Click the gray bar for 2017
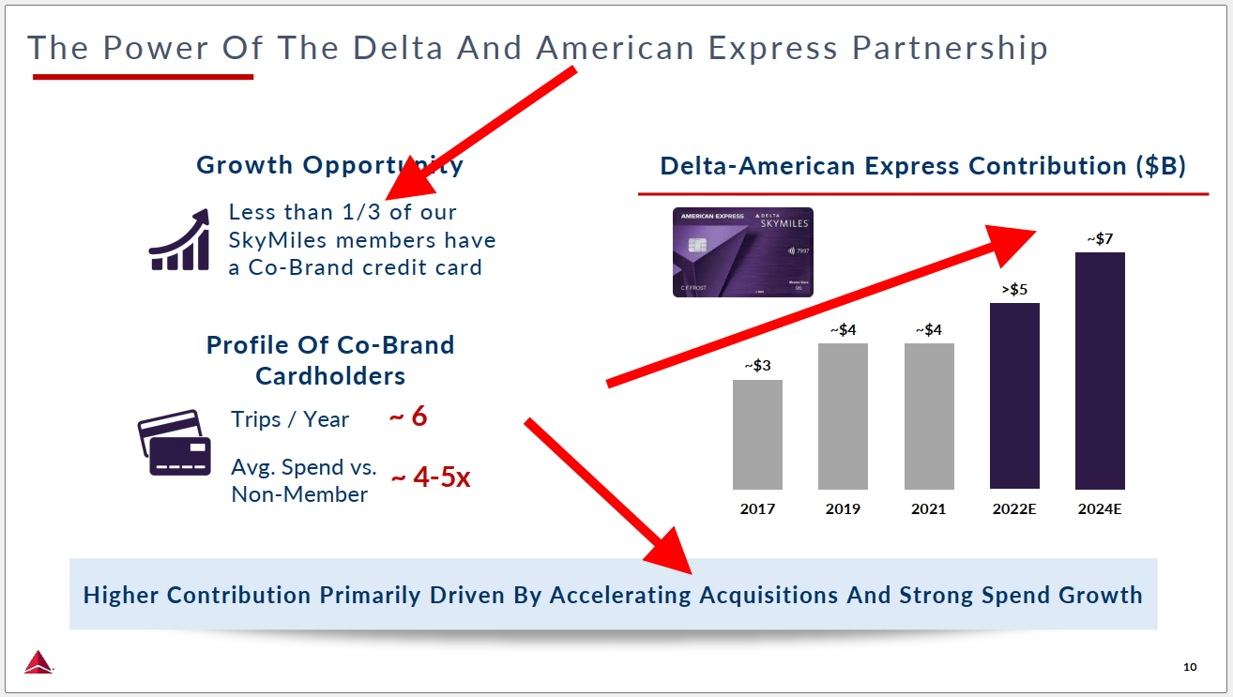tap(757, 434)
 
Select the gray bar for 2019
tap(843, 417)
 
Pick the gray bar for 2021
tap(929, 417)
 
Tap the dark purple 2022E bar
tap(1014, 396)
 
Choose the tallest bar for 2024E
tap(1100, 371)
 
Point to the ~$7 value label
tap(1100, 238)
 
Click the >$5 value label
tap(1014, 289)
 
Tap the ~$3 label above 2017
tap(757, 366)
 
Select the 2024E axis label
tap(1100, 509)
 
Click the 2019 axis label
tap(843, 509)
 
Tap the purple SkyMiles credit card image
tap(743, 252)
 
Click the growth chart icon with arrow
tap(179, 241)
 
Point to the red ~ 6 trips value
tap(408, 417)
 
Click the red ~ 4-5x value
tap(430, 477)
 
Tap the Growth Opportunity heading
tap(329, 165)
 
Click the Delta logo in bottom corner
tap(38, 661)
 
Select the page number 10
tap(1190, 667)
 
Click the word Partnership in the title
tap(950, 48)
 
